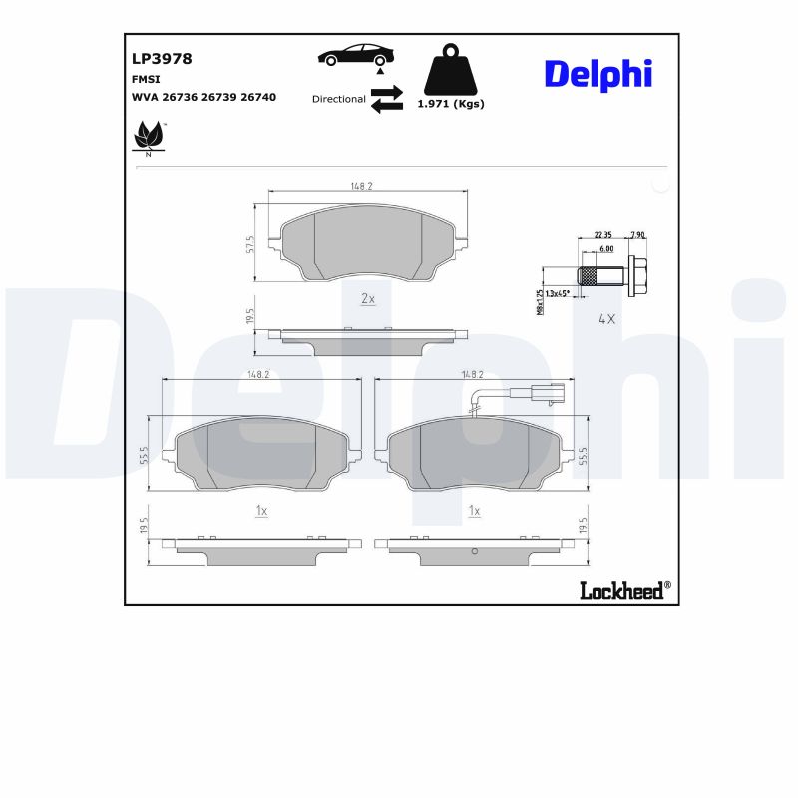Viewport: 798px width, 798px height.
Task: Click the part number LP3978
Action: (x=162, y=59)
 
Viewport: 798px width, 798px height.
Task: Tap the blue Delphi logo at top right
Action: (x=598, y=74)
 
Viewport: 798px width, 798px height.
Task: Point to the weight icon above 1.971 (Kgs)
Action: (x=450, y=70)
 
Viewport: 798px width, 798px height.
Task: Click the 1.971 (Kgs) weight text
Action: (x=450, y=104)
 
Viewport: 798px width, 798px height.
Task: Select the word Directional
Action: (x=338, y=99)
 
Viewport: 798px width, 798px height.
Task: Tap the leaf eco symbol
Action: (x=150, y=135)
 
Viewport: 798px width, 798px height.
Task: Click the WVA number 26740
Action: (x=258, y=98)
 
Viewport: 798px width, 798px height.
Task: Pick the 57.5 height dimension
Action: (x=250, y=244)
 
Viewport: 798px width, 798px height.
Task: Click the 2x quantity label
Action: (x=367, y=298)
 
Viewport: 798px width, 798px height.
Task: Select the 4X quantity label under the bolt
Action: (x=605, y=319)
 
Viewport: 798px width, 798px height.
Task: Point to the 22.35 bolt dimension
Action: (x=602, y=235)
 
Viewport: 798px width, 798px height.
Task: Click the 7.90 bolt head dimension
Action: (x=637, y=235)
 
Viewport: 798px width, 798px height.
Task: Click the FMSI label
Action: (x=146, y=79)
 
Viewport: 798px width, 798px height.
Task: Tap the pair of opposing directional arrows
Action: (x=386, y=98)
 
